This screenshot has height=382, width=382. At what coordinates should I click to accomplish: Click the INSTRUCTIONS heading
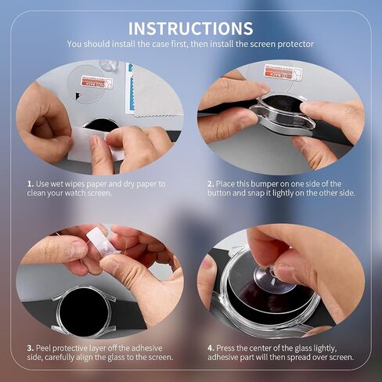(x=191, y=28)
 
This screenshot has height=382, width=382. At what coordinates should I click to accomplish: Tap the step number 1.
(x=31, y=184)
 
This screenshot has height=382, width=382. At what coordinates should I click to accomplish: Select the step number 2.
(x=211, y=184)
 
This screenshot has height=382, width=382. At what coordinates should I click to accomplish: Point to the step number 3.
(x=31, y=348)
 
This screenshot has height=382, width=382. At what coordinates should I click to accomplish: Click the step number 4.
(x=211, y=348)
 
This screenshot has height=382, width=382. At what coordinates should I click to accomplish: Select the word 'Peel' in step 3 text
(x=43, y=348)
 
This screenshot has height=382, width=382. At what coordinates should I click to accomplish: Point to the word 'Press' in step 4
(x=225, y=348)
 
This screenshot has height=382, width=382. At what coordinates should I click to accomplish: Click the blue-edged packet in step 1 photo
(x=130, y=88)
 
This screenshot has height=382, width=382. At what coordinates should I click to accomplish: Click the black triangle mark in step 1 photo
(x=78, y=95)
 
